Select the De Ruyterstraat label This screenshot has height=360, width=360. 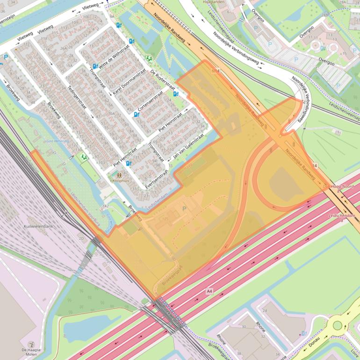162,80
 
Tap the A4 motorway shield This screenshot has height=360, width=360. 209,291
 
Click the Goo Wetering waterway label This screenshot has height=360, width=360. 57,141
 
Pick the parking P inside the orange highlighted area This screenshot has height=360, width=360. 184,208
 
